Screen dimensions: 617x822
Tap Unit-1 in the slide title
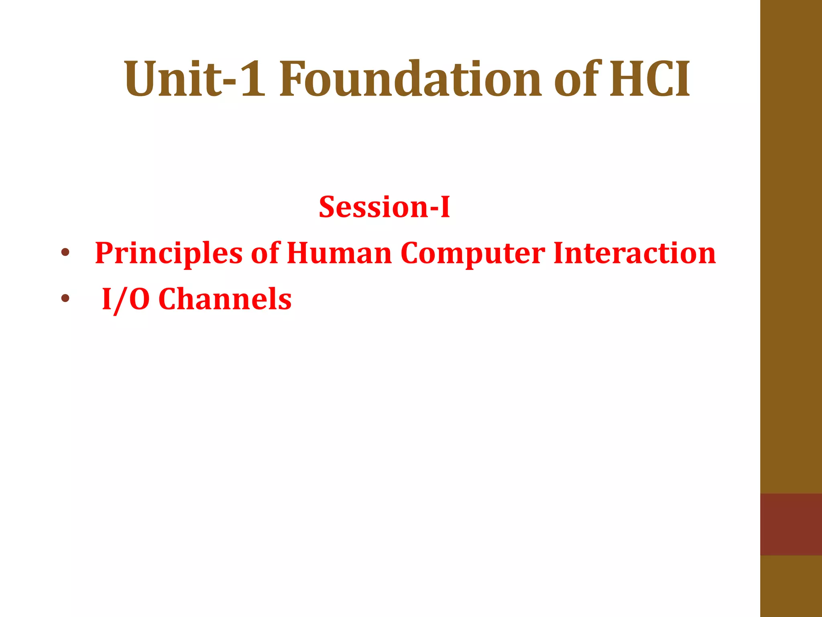point(194,79)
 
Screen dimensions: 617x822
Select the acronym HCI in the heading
point(650,79)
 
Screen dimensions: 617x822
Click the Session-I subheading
point(384,207)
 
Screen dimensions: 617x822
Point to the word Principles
point(169,254)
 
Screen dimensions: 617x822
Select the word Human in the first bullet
point(339,254)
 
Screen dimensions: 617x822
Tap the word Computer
point(472,254)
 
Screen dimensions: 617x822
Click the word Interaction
point(634,254)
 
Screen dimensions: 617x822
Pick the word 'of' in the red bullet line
point(265,254)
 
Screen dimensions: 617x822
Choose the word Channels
point(225,300)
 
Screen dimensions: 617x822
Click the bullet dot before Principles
point(65,253)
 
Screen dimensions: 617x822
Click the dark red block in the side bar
point(791,524)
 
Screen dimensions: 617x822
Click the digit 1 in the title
point(253,79)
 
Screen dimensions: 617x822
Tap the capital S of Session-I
point(328,207)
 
